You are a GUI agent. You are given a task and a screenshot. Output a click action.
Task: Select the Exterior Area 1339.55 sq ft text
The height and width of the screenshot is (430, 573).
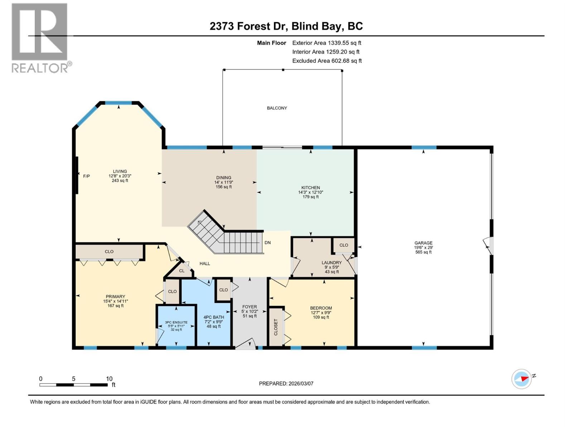327,43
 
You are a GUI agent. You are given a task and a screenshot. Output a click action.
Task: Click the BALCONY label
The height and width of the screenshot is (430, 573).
277,108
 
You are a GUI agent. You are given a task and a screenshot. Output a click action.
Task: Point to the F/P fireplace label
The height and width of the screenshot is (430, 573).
86,176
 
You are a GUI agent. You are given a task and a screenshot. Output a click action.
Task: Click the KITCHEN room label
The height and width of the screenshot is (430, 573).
310,188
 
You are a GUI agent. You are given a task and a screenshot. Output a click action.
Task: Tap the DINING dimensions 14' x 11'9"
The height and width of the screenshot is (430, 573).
223,182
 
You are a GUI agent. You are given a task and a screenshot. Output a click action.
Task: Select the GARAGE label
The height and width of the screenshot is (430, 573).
423,243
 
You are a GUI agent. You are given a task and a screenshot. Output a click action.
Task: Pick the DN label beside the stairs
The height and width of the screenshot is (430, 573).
268,243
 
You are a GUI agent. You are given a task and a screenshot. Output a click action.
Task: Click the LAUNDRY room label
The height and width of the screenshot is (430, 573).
332,263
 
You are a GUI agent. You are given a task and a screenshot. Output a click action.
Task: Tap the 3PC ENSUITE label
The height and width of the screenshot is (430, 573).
176,322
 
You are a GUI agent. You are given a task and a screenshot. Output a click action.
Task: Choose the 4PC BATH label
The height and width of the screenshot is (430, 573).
214,317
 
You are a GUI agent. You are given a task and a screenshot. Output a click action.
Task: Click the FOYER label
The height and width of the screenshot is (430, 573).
250,307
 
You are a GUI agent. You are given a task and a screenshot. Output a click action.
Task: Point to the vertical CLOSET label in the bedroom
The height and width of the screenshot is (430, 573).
276,327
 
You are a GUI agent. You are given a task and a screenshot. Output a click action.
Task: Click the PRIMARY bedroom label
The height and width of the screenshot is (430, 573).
115,297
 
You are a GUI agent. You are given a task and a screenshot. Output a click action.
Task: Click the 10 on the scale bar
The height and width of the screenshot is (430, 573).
109,379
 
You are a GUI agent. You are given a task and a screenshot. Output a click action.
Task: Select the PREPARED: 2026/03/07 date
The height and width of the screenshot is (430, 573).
286,383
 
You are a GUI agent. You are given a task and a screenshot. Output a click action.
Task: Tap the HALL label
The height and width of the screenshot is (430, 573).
205,263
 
